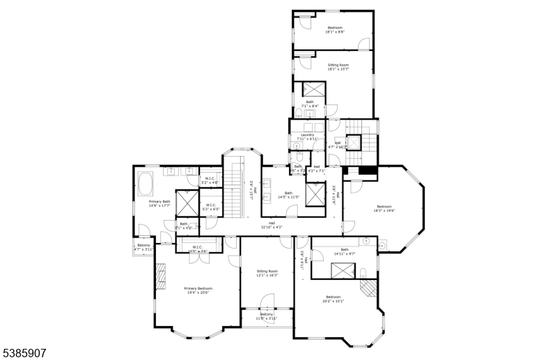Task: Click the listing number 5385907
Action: pyautogui.click(x=24, y=354)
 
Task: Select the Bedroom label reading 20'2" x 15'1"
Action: pyautogui.click(x=334, y=299)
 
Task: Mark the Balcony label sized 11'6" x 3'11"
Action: pyautogui.click(x=267, y=316)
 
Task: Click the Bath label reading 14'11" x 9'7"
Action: pyautogui.click(x=344, y=251)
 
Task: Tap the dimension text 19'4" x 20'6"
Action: pyautogui.click(x=198, y=293)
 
